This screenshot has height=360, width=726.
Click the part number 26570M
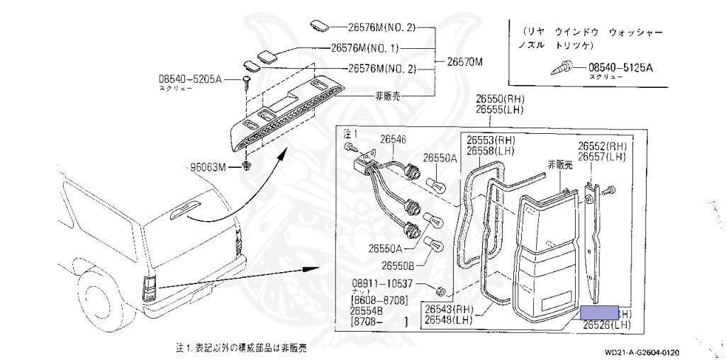[x=464, y=62]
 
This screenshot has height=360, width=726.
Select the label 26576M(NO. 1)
[x=365, y=49]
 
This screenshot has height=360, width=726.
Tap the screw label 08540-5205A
[x=190, y=79]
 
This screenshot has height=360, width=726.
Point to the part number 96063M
[x=206, y=167]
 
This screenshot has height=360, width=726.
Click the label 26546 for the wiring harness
[x=393, y=140]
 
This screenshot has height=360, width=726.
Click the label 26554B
[x=372, y=311]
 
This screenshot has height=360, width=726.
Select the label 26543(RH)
[x=449, y=309]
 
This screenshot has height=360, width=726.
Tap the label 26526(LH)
[x=607, y=325]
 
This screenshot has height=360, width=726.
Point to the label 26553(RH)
[x=496, y=140]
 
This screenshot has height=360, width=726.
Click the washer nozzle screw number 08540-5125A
[x=620, y=68]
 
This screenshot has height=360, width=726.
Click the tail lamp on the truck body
[x=150, y=287]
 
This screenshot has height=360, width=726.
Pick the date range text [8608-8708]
[x=379, y=301]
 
